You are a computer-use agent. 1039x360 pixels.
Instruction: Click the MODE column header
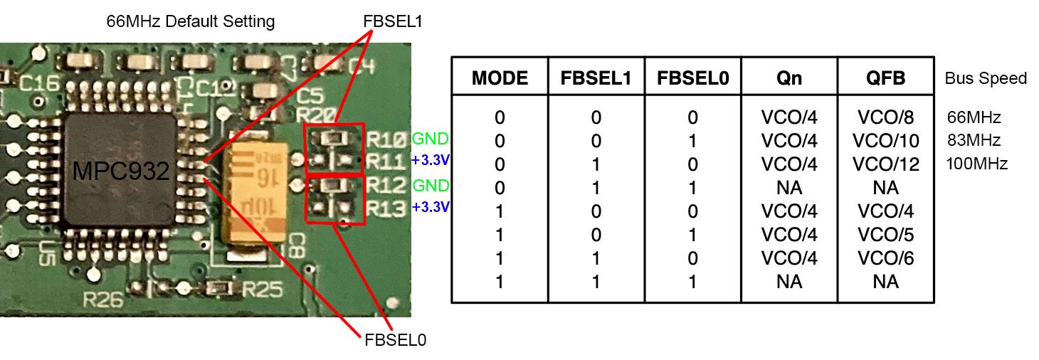(x=500, y=78)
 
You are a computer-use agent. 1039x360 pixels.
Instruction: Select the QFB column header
(x=885, y=78)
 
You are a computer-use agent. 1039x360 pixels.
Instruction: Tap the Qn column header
(x=789, y=78)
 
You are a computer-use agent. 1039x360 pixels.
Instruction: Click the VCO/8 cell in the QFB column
(x=885, y=117)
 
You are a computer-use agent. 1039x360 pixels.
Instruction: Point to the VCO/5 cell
(x=885, y=235)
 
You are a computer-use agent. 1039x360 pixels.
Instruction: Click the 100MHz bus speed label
(x=976, y=164)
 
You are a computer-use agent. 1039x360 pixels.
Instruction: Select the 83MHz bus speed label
(x=974, y=140)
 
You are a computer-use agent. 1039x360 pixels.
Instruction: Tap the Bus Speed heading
(x=986, y=78)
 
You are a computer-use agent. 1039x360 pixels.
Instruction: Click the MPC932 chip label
(x=120, y=171)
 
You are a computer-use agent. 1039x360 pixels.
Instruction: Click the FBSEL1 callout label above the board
(x=392, y=21)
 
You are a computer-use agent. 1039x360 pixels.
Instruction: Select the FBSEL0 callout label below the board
(x=395, y=340)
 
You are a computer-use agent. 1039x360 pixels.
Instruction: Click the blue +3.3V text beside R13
(x=431, y=208)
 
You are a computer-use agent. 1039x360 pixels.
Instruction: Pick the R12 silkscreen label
(x=388, y=187)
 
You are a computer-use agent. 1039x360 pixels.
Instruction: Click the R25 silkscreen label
(x=263, y=290)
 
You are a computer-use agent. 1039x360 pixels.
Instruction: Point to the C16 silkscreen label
(x=40, y=84)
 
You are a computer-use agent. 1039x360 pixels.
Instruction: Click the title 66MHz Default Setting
(x=190, y=21)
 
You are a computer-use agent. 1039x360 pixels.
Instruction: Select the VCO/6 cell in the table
(x=885, y=258)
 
